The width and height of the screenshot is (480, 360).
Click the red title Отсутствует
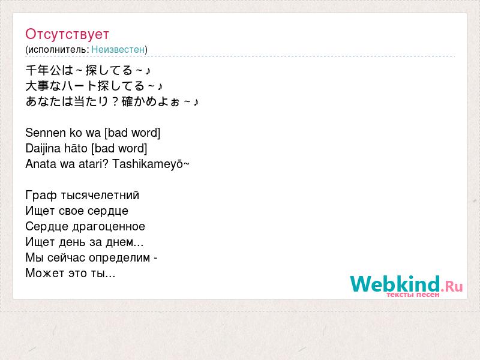click(x=67, y=34)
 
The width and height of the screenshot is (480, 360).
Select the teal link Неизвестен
click(x=118, y=49)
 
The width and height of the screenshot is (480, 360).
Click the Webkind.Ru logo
click(x=407, y=286)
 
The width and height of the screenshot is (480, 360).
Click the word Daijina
click(x=43, y=149)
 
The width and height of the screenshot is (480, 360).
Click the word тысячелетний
click(x=100, y=196)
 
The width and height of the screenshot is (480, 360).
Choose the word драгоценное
click(x=109, y=227)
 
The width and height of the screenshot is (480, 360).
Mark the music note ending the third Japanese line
click(x=196, y=101)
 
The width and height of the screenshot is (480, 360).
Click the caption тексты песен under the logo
click(x=413, y=295)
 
